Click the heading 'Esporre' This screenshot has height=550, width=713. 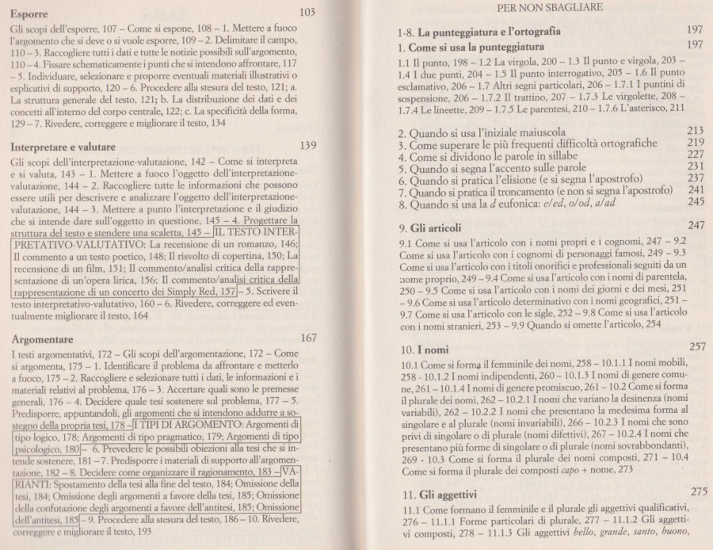coord(34,14)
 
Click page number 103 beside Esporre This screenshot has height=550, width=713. coord(311,12)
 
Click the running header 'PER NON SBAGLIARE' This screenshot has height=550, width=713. coord(551,7)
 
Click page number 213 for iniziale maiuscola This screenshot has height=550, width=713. coord(696,130)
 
